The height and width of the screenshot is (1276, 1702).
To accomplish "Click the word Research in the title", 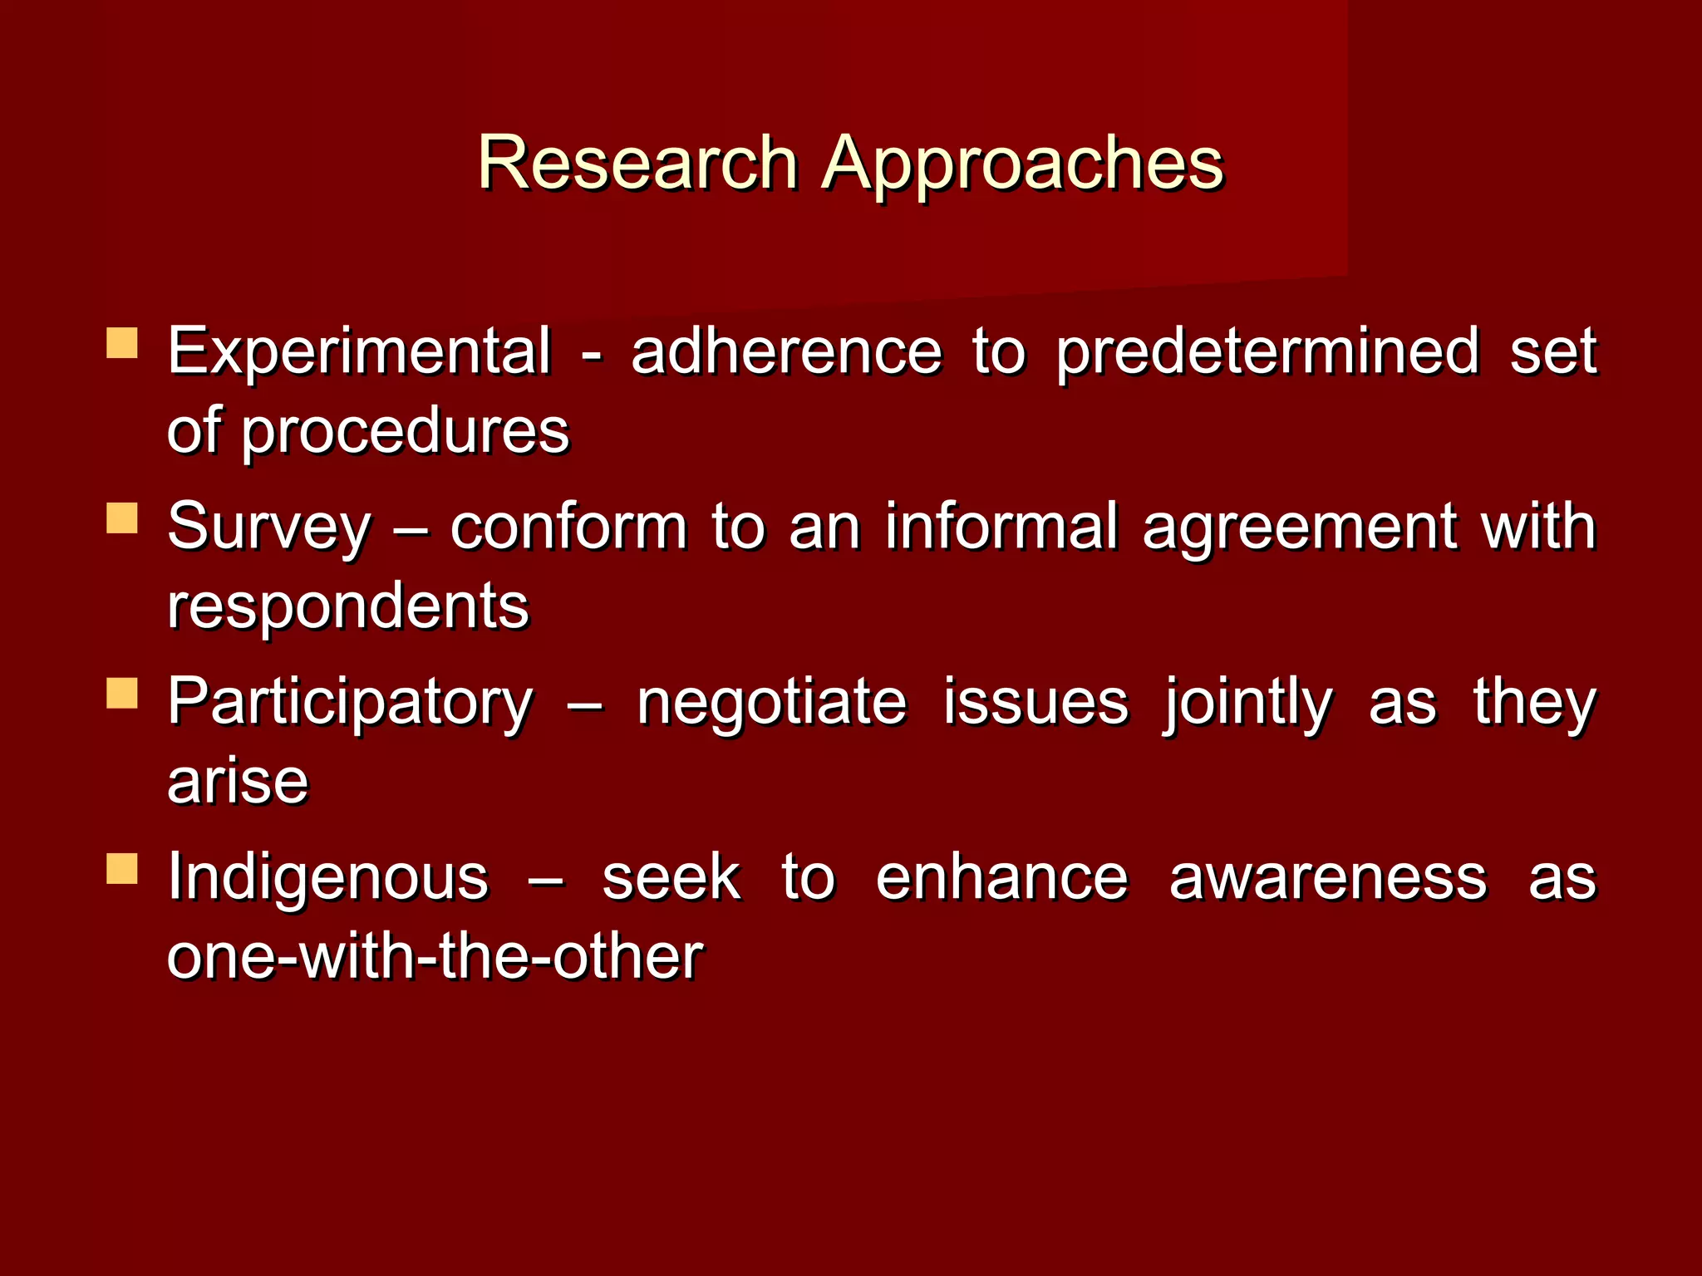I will pyautogui.click(x=637, y=163).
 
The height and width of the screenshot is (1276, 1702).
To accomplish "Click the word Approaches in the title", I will pyautogui.click(x=1022, y=164).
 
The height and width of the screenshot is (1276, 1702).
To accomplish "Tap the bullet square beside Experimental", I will pyautogui.click(x=122, y=343).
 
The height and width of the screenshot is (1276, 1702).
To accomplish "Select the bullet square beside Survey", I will pyautogui.click(x=122, y=518).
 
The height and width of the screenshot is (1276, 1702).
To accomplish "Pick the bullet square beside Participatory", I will pyautogui.click(x=122, y=694).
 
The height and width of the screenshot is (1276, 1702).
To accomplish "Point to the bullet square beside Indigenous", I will pyautogui.click(x=122, y=869).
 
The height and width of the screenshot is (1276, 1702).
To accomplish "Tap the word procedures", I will pyautogui.click(x=405, y=432).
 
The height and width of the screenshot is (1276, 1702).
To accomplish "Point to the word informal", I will pyautogui.click(x=1001, y=527).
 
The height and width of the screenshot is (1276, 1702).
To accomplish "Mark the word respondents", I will pyautogui.click(x=347, y=607).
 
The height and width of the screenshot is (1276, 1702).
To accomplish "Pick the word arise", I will pyautogui.click(x=238, y=783).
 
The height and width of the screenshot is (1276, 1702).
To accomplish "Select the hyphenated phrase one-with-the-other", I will pyautogui.click(x=435, y=958).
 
